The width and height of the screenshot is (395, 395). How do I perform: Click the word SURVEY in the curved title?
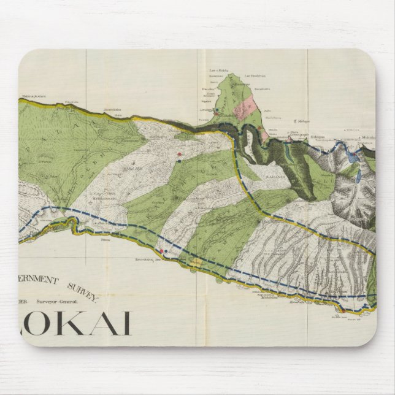click(x=85, y=290)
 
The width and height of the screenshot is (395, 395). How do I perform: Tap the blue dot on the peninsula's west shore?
click(x=216, y=111)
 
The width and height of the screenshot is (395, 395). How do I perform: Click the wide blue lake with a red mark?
click(x=350, y=159)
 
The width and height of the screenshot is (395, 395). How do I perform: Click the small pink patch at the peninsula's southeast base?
click(x=264, y=130)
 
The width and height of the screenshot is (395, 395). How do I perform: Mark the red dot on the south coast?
click(x=161, y=250)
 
